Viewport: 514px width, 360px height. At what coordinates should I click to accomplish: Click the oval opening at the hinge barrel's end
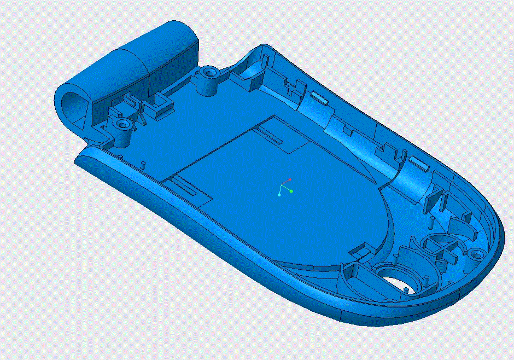point(71,102)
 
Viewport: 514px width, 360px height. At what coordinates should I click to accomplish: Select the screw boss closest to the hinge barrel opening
point(122,125)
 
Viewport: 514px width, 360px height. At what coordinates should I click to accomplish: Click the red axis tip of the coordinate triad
point(290,179)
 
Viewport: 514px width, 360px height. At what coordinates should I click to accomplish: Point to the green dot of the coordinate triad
point(291,191)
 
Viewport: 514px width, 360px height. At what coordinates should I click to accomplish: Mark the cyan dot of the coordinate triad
point(279,195)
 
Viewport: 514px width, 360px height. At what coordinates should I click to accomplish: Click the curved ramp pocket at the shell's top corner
point(253,71)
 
